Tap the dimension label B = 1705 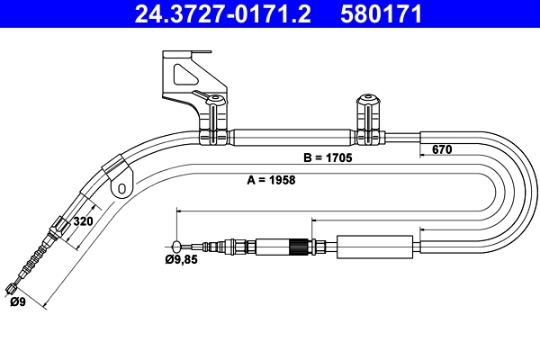327,157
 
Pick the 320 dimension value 83,220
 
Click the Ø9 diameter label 17,302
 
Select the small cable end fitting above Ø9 12,288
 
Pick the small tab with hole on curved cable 121,184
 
